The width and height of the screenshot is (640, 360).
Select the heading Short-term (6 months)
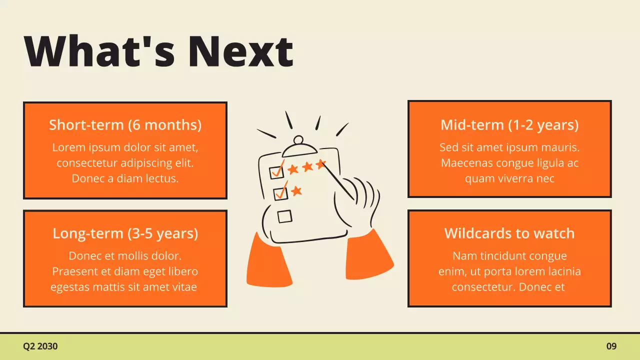tap(125, 124)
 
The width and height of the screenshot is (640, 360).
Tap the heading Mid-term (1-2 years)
tap(509, 124)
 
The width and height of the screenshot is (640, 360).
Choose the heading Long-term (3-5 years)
tap(125, 233)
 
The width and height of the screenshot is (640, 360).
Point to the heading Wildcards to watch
tap(509, 233)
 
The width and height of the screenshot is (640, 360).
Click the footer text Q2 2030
tap(40, 346)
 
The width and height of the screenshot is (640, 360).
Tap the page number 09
tap(611, 346)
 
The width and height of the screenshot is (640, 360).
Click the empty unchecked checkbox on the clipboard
tap(284, 216)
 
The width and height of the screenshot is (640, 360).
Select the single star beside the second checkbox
tap(296, 190)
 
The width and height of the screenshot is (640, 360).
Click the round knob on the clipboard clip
tap(298, 139)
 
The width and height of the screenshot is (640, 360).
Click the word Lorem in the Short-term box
tap(66, 147)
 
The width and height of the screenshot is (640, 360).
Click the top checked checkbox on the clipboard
tap(276, 171)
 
